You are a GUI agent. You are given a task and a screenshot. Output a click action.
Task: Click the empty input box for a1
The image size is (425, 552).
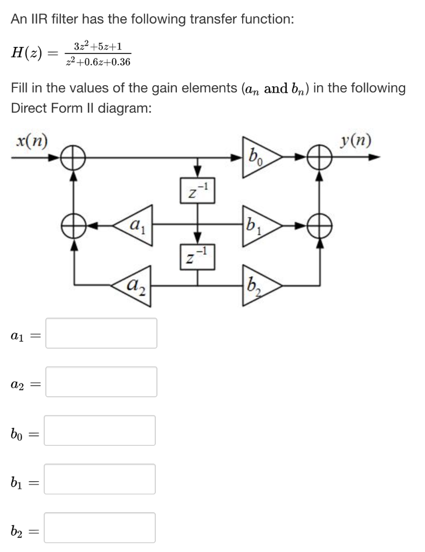click(101, 333)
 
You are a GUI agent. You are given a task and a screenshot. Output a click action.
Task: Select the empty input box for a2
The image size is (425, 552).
click(101, 382)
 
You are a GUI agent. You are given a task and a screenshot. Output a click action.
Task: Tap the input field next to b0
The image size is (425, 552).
click(100, 430)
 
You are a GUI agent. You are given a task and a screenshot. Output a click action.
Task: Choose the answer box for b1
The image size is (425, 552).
click(100, 479)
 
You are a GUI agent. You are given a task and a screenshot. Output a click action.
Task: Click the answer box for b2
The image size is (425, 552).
click(100, 527)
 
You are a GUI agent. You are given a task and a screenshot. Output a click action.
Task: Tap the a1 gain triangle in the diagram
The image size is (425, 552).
click(135, 221)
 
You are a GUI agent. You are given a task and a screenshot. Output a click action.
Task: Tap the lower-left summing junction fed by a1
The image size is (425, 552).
click(73, 221)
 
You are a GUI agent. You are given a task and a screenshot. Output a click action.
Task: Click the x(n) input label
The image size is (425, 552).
click(31, 142)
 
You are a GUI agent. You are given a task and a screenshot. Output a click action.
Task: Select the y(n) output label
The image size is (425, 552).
click(355, 142)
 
